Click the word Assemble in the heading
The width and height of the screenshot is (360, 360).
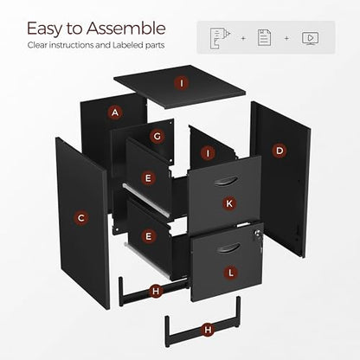[x=125, y=29]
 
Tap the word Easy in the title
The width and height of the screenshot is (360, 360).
[x=44, y=29]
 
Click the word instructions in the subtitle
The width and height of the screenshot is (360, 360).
[x=68, y=45]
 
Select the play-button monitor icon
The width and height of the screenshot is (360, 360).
[x=310, y=38]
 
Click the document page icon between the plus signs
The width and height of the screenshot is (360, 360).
[x=264, y=38]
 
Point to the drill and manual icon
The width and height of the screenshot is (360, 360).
[x=220, y=38]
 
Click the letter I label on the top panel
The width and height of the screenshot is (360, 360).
[x=182, y=83]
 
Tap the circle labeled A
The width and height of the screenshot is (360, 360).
[x=115, y=112]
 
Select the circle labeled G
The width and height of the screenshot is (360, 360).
[x=157, y=136]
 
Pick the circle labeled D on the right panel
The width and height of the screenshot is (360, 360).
[x=280, y=151]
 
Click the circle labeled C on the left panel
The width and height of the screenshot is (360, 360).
[x=81, y=218]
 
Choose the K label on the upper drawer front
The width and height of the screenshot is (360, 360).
[x=229, y=203]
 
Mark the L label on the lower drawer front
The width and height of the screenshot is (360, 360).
[x=230, y=273]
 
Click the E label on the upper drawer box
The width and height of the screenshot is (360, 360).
[x=148, y=178]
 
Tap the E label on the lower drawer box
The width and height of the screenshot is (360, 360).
[x=148, y=236]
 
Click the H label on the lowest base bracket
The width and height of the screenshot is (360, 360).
[x=208, y=330]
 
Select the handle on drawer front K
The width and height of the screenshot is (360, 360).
[x=226, y=181]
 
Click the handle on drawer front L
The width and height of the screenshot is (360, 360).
[x=228, y=248]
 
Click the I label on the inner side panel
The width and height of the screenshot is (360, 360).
[x=208, y=153]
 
